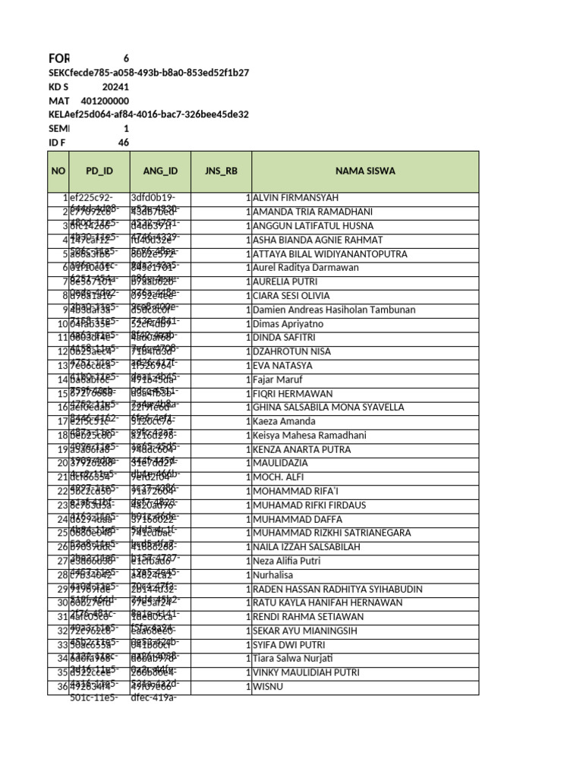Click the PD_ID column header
click(99, 171)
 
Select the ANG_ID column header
click(159, 171)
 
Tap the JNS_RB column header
click(221, 171)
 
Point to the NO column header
click(58, 171)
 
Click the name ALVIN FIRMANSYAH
click(295, 198)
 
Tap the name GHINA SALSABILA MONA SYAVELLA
click(329, 407)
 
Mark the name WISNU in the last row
click(269, 687)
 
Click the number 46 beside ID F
click(123, 143)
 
